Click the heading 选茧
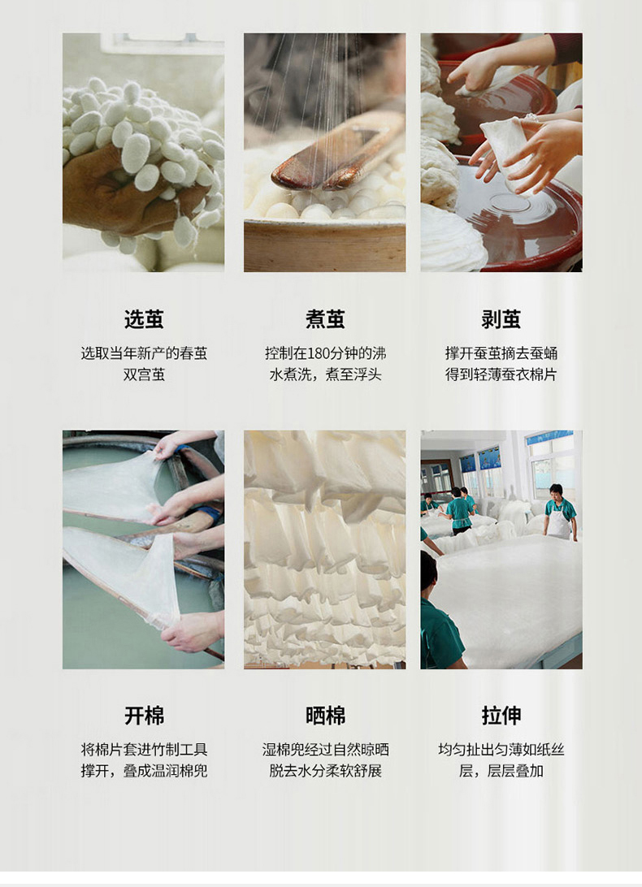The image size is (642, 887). pos(144,319)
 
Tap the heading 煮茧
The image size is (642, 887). pos(325,319)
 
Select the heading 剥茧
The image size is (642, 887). pos(501,319)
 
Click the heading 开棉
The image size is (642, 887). pos(144,716)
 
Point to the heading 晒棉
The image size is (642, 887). pos(325,716)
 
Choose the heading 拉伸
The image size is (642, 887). pos(501,716)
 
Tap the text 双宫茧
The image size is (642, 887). pos(144,374)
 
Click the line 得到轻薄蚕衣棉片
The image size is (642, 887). pos(501,374)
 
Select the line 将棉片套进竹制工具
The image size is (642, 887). pos(144,750)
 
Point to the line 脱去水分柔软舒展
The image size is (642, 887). pos(325,771)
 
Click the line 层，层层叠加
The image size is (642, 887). pos(501,771)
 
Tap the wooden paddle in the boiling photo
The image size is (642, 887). pos(338,153)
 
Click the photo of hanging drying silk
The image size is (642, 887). pos(324,549)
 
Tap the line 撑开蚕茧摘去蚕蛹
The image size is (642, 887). pos(501,353)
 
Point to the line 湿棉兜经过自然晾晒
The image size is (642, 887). pos(325,750)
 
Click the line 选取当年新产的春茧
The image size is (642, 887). pos(144,353)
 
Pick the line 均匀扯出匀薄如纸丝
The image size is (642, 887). pos(501,750)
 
